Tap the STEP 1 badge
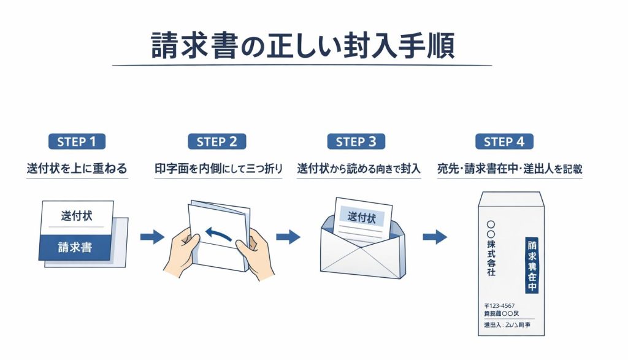[77, 142]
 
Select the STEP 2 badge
[216, 142]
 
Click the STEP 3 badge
[356, 142]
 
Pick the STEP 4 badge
[504, 142]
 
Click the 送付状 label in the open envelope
[361, 216]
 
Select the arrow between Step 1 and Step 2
[152, 237]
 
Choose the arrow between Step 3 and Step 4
[435, 237]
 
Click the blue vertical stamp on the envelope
[532, 264]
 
